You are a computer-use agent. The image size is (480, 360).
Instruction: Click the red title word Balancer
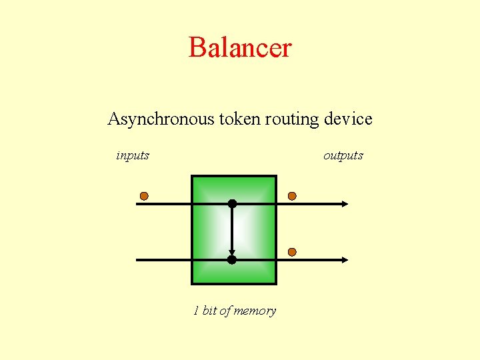coord(240,47)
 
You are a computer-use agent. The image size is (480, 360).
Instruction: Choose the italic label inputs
coord(133,156)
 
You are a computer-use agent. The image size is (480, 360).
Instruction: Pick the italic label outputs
coord(343,156)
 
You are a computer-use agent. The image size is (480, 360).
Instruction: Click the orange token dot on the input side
coord(143,196)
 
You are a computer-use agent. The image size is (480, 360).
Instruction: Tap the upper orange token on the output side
coord(291,196)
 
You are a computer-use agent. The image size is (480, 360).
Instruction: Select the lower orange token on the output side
coord(291,251)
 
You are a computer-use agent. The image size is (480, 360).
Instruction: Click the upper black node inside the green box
coord(232,203)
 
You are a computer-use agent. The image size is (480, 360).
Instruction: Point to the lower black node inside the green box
coord(232,259)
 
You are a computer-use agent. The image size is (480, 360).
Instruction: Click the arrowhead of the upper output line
coord(344,203)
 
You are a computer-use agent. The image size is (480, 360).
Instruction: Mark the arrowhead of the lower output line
coord(344,259)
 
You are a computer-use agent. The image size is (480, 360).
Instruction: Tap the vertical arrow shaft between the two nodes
coord(232,230)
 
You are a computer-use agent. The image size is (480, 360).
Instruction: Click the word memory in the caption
coord(255,311)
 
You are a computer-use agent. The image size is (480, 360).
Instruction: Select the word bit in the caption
coord(209,311)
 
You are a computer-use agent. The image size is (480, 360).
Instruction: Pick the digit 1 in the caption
coord(196,311)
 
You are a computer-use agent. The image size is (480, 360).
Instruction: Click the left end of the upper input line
coord(138,203)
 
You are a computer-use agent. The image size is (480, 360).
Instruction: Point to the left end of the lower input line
coord(138,259)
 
